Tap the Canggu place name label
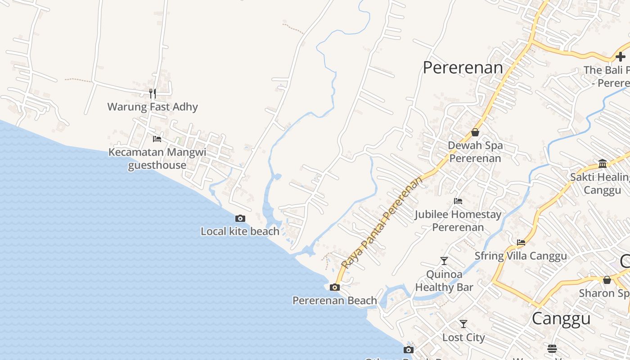tap(561, 318)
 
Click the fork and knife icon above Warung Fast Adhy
tap(153, 94)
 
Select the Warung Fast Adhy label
tap(153, 107)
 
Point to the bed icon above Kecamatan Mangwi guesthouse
tap(157, 139)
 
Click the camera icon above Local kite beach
tap(240, 219)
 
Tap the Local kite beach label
tap(240, 231)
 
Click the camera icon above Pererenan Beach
tap(334, 287)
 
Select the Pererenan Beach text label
tap(335, 300)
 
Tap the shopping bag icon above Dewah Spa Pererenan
tap(475, 132)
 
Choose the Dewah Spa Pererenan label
tap(475, 152)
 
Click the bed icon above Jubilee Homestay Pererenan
tap(458, 201)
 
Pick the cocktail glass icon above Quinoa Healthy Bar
tap(444, 261)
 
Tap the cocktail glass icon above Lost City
tap(463, 324)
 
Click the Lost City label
tap(463, 337)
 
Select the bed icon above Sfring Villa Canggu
tap(521, 243)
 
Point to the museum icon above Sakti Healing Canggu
tap(603, 163)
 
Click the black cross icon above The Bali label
tap(621, 57)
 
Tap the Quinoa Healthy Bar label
tap(444, 281)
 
